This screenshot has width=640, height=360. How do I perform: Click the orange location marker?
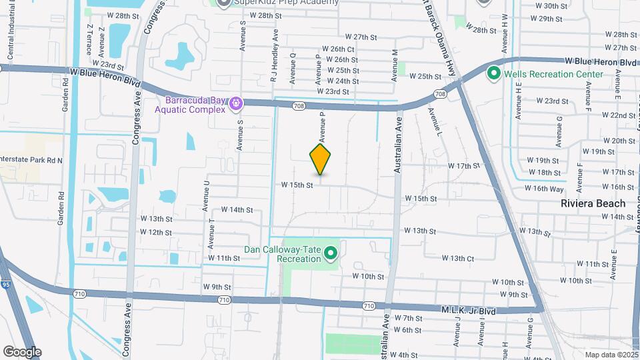pos(320,159)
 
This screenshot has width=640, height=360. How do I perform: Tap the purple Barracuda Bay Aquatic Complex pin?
pos(235,103)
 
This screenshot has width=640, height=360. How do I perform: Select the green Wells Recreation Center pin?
pos(494,73)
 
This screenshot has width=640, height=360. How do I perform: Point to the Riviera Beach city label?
pos(593,203)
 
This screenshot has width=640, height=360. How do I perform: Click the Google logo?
pos(22,352)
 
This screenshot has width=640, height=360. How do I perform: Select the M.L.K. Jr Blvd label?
pos(469,310)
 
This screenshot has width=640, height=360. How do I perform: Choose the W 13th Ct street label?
pos(457,258)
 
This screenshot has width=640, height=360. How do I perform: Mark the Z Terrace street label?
pos(89,39)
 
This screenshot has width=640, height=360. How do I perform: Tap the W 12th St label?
pos(156,232)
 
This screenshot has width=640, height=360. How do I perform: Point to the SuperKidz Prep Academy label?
pos(286,2)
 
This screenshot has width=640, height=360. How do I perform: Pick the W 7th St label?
pos(409,319)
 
